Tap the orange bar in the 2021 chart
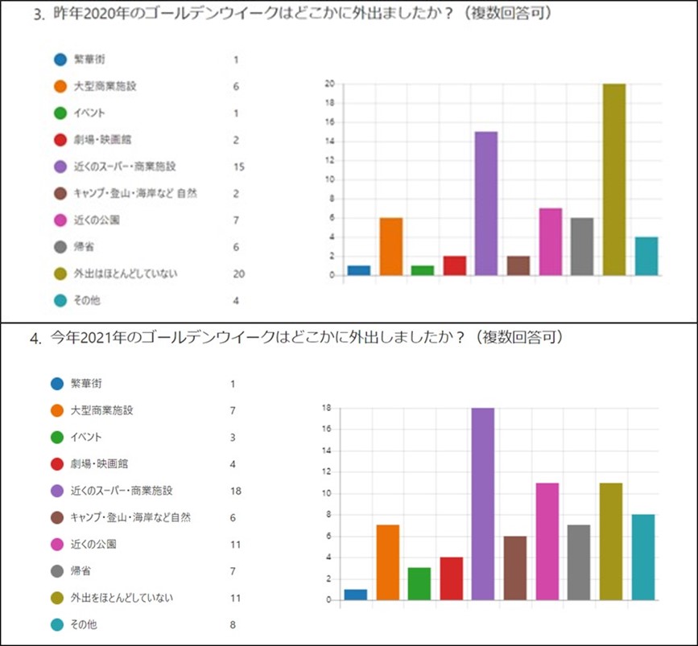point(388,562)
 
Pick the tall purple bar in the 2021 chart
point(483,504)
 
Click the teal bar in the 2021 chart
point(643,557)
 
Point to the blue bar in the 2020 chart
point(358,270)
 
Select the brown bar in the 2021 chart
point(515,568)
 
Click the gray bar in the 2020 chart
point(581,247)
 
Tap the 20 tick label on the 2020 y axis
point(329,84)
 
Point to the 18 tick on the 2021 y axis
point(326,408)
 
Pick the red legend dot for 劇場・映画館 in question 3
point(60,140)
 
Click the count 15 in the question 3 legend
point(237,167)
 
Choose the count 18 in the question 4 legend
point(235,491)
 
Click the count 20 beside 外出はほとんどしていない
point(237,274)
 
